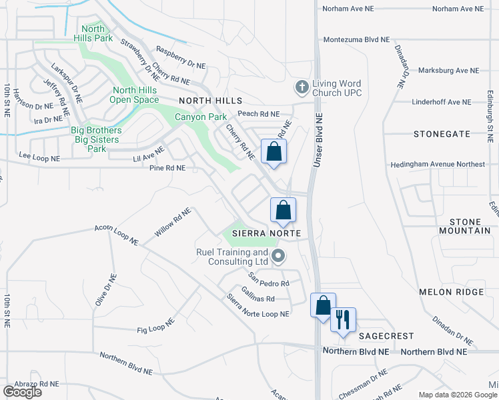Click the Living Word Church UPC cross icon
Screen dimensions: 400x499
(x=302, y=87)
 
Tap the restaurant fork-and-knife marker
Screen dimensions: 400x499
(x=343, y=319)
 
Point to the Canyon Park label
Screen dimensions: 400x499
(x=201, y=117)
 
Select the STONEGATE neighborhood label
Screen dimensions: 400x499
(x=441, y=134)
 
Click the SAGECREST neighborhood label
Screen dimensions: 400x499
(x=386, y=337)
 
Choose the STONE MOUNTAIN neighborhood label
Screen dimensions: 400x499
(x=464, y=226)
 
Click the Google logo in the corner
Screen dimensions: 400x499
(x=22, y=392)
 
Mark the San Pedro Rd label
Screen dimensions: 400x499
(x=269, y=279)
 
